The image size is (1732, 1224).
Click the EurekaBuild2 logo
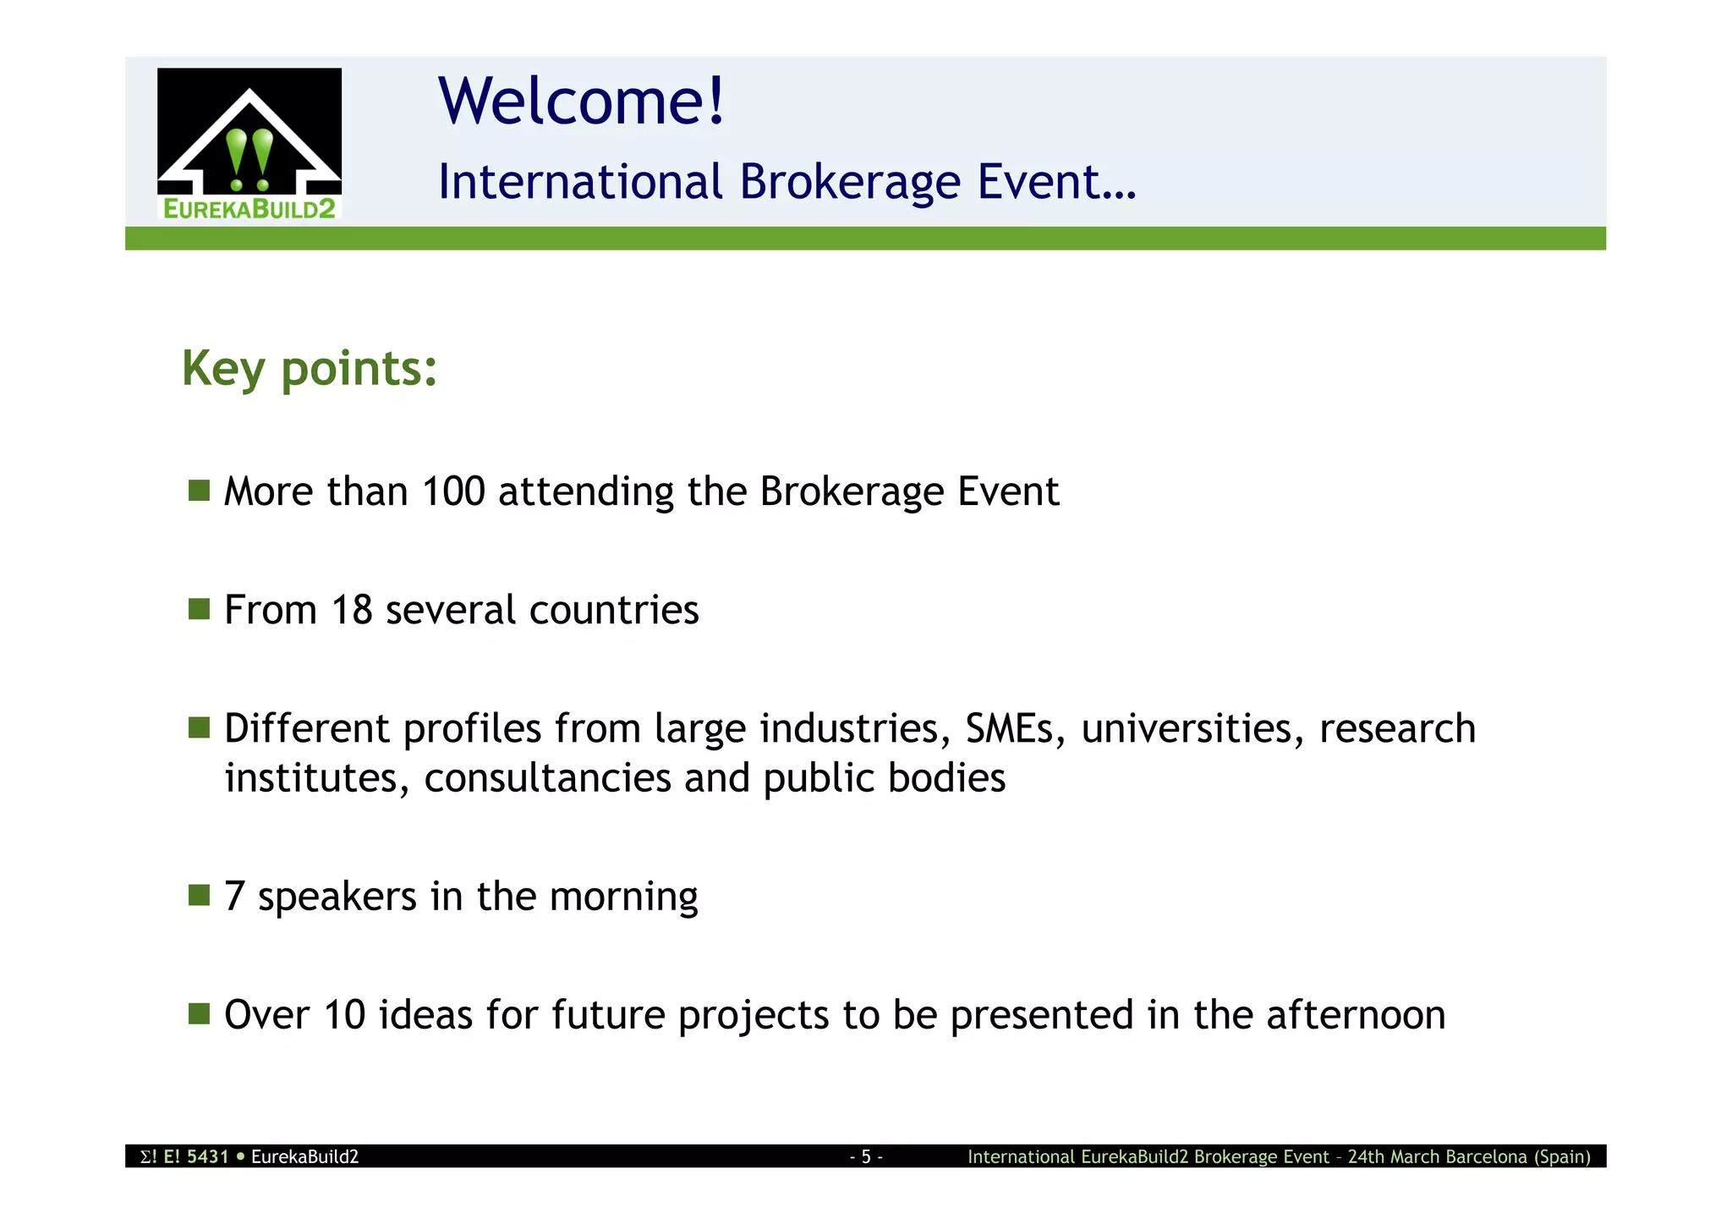click(x=249, y=144)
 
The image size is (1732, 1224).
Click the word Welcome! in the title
click(x=581, y=101)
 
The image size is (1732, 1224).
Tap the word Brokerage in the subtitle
click(x=850, y=182)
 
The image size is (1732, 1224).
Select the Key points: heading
click(x=310, y=369)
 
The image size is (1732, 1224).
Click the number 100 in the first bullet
click(x=453, y=491)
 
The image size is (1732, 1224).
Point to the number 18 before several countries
click(x=351, y=610)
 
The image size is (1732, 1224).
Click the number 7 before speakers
click(x=234, y=897)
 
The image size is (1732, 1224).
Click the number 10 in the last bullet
click(x=344, y=1015)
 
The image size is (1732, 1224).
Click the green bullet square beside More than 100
click(x=199, y=491)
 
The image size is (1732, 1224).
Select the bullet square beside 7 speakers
click(x=199, y=895)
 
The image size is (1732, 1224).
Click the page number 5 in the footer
click(x=866, y=1156)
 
